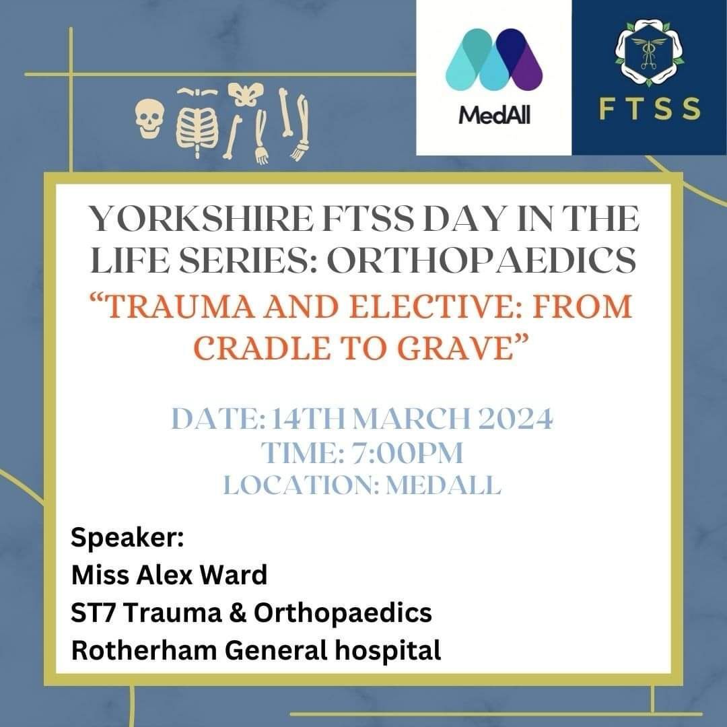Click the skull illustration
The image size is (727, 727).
pos(149,119)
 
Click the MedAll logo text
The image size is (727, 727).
pos(494,114)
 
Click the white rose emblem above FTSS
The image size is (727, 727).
pos(649,53)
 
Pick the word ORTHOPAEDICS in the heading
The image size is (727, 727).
pos(481,261)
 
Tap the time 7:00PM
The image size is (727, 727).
pos(407,452)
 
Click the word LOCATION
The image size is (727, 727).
pos(300,485)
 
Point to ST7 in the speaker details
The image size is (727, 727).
pos(93,613)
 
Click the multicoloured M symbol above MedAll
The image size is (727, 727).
pos(494,59)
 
